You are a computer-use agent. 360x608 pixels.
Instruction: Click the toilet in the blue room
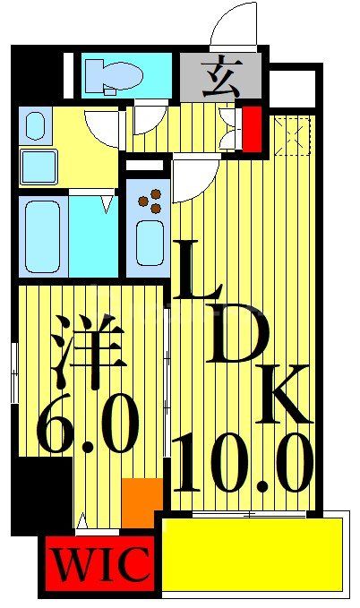click(x=111, y=76)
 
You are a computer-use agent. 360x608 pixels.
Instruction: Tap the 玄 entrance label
click(x=220, y=77)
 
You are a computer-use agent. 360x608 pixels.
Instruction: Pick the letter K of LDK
click(x=285, y=393)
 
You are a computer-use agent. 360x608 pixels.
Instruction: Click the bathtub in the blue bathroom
click(x=42, y=235)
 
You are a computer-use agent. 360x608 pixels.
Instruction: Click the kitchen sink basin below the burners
click(x=148, y=242)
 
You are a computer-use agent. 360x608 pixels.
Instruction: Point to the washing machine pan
click(x=39, y=166)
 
